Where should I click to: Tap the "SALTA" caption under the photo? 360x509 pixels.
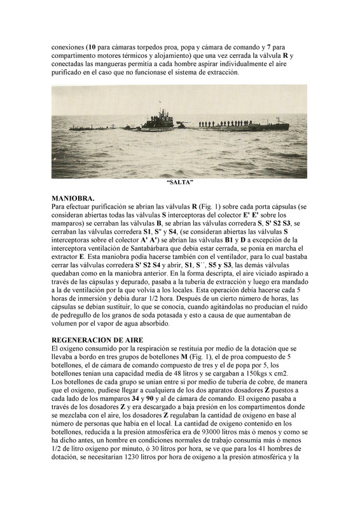pyautogui.click(x=179, y=183)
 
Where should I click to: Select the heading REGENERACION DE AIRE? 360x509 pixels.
pyautogui.click(x=97, y=340)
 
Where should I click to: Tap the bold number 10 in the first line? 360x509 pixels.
pyautogui.click(x=92, y=47)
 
